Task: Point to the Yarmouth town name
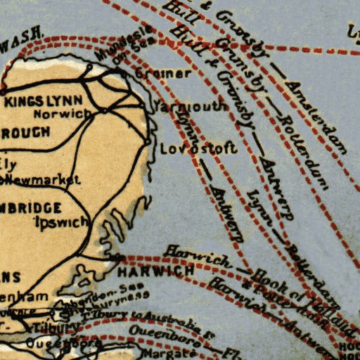[193, 107]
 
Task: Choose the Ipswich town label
[62, 221]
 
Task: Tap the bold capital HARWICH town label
[155, 271]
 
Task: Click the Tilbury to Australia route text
[148, 319]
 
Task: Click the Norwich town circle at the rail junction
[105, 110]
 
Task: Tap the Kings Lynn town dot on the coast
[4, 91]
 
